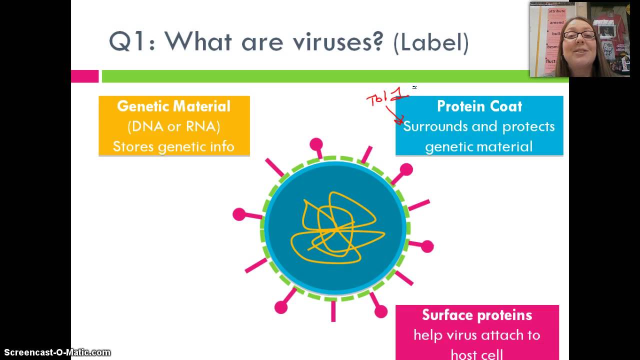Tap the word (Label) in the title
point(431,42)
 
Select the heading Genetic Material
point(173,106)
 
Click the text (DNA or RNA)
point(173,126)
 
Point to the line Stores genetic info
point(173,146)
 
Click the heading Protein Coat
point(479,106)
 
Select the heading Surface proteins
point(476,315)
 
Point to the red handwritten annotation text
point(385,97)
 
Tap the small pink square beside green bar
point(84,76)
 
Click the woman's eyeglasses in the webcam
point(579,35)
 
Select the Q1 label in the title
point(129,41)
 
